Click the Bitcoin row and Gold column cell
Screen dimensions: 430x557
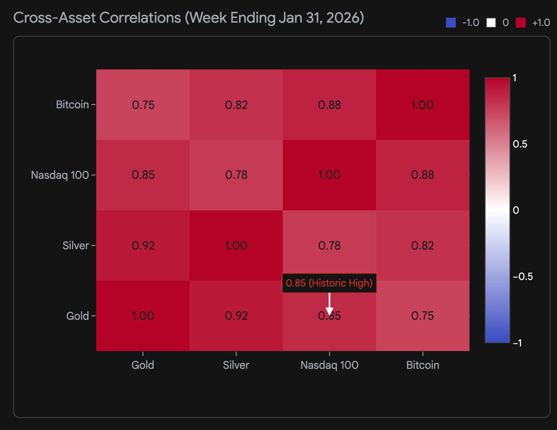143,105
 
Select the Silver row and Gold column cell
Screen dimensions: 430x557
143,246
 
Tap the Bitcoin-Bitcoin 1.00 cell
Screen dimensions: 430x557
423,105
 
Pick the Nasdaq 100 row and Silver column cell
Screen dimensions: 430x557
236,175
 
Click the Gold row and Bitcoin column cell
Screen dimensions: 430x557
423,316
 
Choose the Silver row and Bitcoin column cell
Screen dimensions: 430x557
423,246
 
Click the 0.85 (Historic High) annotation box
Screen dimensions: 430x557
329,283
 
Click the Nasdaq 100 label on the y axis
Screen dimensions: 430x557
60,175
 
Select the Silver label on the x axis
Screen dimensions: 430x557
236,365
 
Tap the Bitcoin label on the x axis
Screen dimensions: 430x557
423,365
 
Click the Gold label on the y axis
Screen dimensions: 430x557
78,316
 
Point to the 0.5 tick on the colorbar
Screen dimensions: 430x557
520,144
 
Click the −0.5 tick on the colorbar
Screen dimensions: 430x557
523,277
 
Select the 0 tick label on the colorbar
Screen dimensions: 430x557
516,210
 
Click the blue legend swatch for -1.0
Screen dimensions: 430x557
451,23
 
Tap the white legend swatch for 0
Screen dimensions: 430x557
491,23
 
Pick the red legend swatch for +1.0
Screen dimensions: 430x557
520,23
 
